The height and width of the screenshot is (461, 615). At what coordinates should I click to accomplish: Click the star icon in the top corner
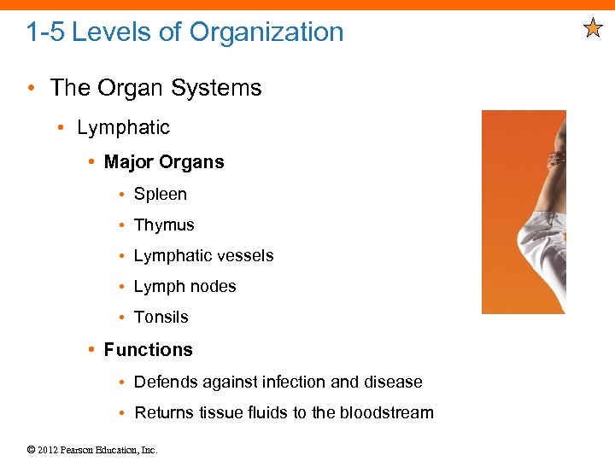coord(593,29)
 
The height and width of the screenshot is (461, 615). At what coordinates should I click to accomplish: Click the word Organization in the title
coord(266,32)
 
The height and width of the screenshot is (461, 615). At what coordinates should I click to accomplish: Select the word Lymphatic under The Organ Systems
coord(123,128)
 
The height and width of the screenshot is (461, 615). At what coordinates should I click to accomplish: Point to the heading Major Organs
coord(164,162)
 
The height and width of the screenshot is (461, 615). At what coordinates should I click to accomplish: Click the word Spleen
coord(160,195)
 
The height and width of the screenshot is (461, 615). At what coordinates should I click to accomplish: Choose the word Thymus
coord(164,225)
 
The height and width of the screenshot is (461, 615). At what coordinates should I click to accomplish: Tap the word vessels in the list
coord(245,256)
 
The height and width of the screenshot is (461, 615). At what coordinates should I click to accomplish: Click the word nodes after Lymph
coord(214,287)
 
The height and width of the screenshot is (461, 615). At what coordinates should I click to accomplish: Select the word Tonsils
coord(161,318)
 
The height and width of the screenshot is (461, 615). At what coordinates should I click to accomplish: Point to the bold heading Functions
coord(148,350)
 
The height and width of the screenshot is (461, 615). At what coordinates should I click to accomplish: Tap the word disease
coord(394,382)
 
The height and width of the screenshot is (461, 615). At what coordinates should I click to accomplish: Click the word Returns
coord(164,413)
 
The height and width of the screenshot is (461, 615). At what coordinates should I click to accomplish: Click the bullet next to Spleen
coord(124,195)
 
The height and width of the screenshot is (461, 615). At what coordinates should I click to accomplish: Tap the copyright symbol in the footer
coord(32,450)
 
